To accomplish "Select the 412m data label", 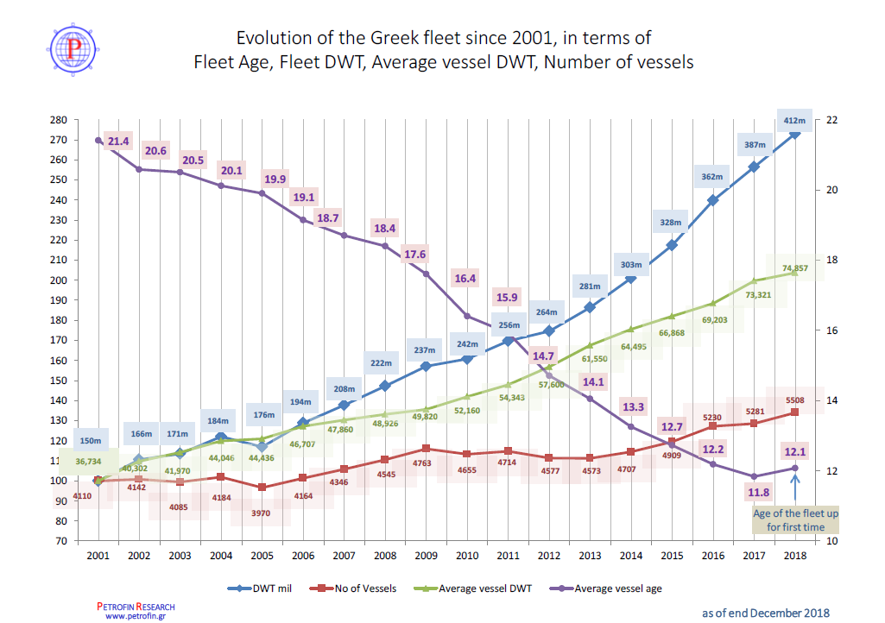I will click(x=793, y=120).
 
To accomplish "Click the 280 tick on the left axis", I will click(x=59, y=120).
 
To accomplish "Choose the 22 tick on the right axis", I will click(x=833, y=120).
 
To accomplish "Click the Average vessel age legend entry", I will click(x=613, y=588).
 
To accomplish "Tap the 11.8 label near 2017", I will click(x=757, y=493).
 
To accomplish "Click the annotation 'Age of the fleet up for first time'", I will click(x=795, y=519).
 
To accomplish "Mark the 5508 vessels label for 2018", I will click(x=794, y=400).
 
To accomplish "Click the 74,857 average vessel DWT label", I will click(x=793, y=268).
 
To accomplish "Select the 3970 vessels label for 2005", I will click(x=260, y=513).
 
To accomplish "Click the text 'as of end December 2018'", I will click(x=765, y=613).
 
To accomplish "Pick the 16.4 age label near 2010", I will click(x=465, y=279).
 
